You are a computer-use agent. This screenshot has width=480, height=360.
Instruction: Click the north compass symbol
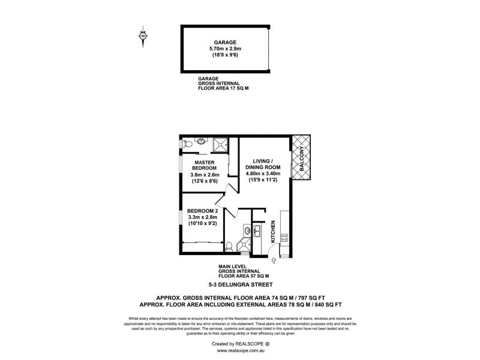pyautogui.click(x=143, y=36)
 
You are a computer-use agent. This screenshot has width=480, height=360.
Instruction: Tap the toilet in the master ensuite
pyautogui.click(x=187, y=144)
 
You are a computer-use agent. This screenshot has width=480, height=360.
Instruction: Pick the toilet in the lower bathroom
pyautogui.click(x=229, y=245)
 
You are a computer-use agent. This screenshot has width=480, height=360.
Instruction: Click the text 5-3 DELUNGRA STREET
pyautogui.click(x=239, y=284)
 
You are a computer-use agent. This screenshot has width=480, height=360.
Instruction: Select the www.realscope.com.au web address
pyautogui.click(x=239, y=350)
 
